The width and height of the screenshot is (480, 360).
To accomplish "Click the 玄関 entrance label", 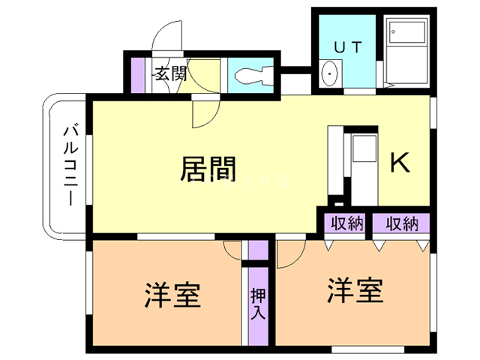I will click(169, 73).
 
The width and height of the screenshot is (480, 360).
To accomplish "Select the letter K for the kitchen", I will click(399, 163).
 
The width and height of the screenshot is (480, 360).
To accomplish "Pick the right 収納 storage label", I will click(401, 223).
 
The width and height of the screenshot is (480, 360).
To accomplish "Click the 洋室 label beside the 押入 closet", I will click(172, 294).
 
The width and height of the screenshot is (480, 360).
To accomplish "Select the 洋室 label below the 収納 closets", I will click(355, 289).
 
